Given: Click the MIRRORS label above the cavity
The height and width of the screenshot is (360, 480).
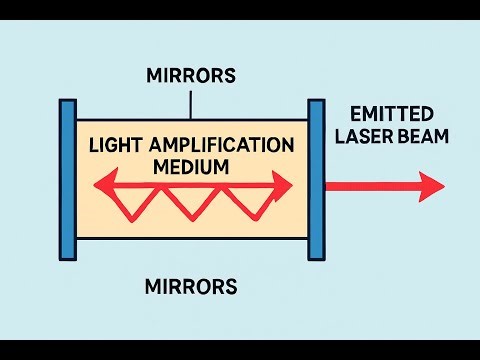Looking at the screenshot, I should pos(190,76).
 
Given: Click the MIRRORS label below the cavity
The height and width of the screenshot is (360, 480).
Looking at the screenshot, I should pos(190,288).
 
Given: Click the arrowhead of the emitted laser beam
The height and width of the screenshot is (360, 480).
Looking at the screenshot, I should pos(432,186).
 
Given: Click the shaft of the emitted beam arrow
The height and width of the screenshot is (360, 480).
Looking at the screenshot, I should pos(370,186).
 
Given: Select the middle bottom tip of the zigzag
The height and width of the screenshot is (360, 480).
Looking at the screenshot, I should pos(185,219).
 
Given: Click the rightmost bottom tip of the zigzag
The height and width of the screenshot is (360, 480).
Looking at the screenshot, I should pos(238,219).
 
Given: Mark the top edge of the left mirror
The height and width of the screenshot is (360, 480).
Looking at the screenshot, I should pos(68,101).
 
